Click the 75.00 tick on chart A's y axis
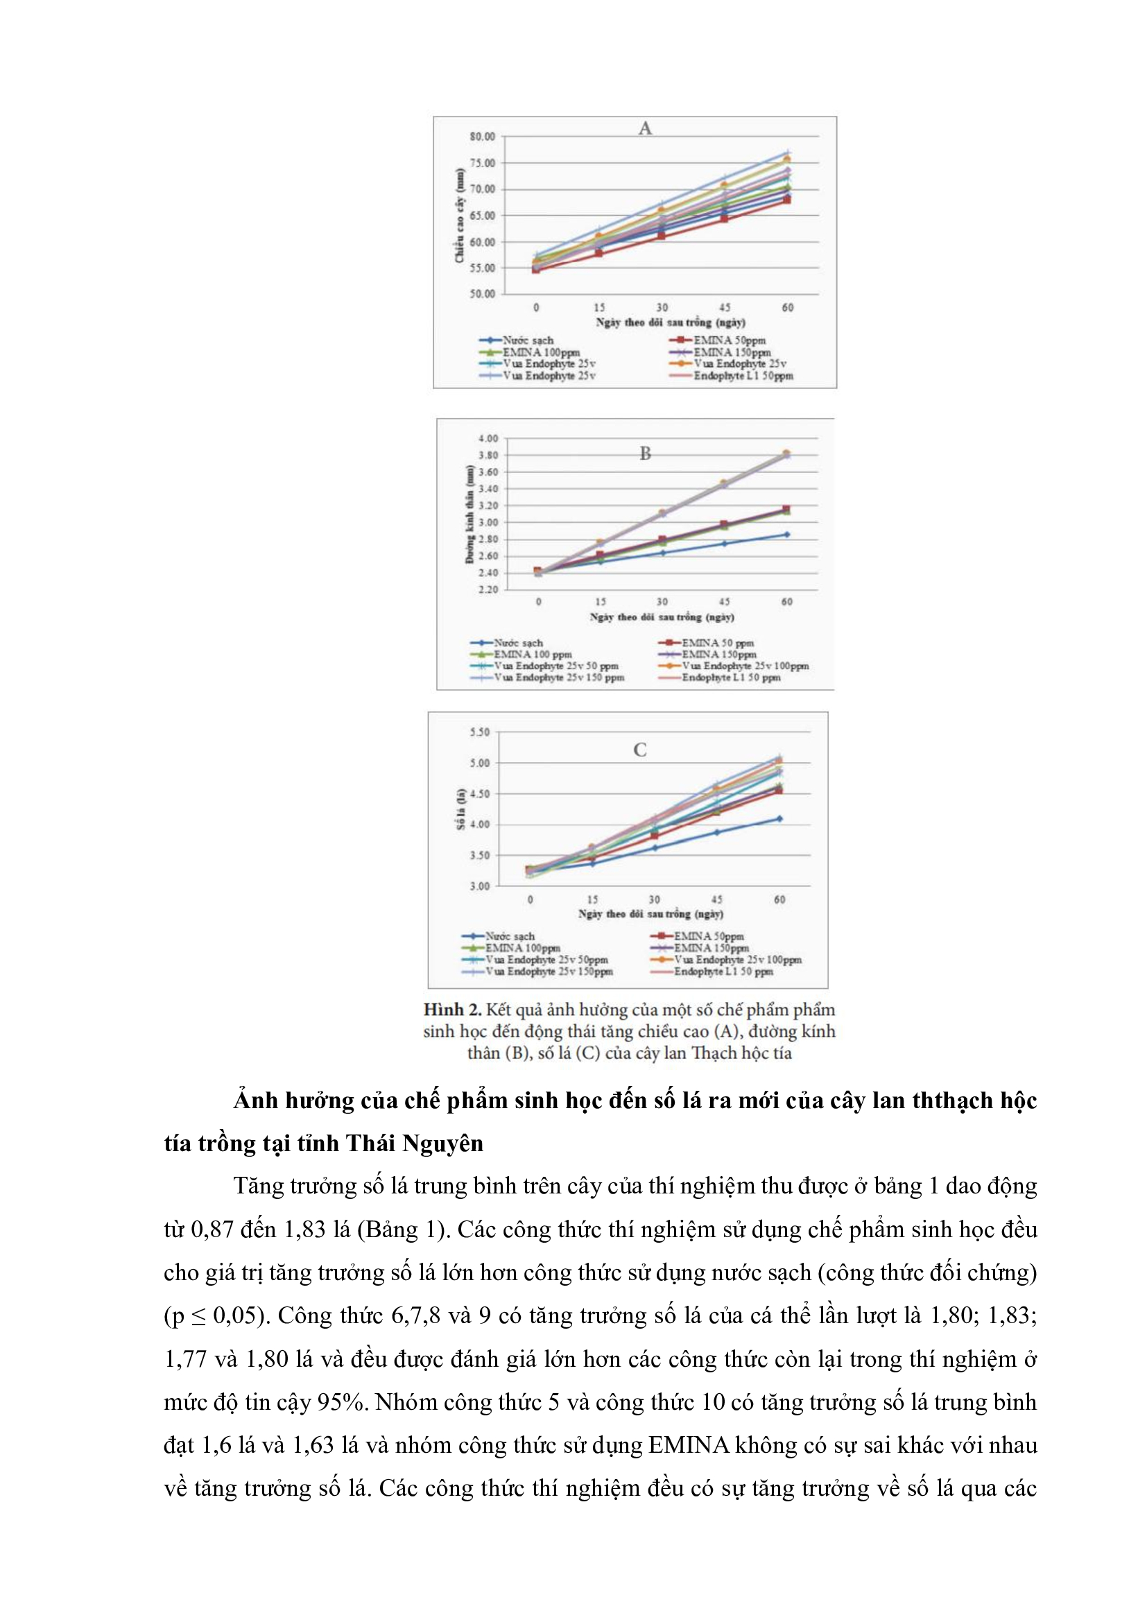[x=483, y=163]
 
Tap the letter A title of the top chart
[x=645, y=128]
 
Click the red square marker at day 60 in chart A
[x=787, y=200]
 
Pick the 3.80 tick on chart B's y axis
[x=488, y=455]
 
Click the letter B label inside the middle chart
[x=645, y=454]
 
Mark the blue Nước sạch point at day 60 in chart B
[x=787, y=535]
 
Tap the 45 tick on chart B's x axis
[x=725, y=602]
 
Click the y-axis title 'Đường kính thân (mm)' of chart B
[x=469, y=514]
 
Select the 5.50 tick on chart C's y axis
[x=480, y=732]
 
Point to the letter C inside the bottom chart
[x=640, y=750]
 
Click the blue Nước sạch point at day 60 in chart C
[x=779, y=819]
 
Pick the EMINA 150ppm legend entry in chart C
[x=711, y=948]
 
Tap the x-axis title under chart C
[x=650, y=913]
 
